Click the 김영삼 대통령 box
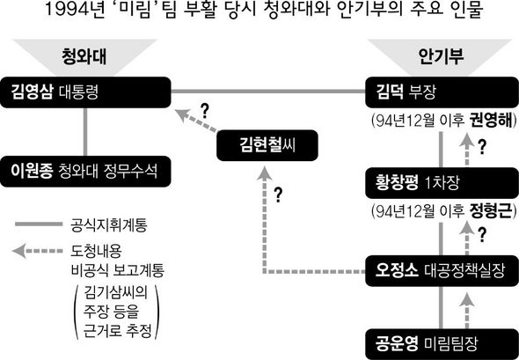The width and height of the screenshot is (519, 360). [x=85, y=92]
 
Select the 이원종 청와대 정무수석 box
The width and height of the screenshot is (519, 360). [x=85, y=172]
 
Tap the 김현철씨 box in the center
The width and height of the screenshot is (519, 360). [x=267, y=145]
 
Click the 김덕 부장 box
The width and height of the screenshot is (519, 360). [x=442, y=92]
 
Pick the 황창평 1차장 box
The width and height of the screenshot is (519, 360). [x=442, y=183]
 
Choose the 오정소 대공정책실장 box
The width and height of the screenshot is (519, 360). [x=442, y=270]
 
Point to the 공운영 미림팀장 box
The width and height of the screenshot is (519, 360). [x=442, y=344]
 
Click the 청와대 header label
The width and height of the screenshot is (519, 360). [x=84, y=56]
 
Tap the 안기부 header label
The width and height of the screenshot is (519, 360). [x=441, y=56]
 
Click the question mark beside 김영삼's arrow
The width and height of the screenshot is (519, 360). [x=205, y=111]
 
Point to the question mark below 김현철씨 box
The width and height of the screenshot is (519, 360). [x=278, y=195]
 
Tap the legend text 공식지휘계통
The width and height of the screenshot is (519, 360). [x=109, y=225]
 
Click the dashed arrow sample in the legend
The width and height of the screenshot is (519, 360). [x=38, y=251]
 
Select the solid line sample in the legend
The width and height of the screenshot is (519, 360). [x=39, y=224]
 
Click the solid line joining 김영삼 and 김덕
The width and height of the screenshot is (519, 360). [x=268, y=91]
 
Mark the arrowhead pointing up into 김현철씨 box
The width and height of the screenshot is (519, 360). [x=265, y=173]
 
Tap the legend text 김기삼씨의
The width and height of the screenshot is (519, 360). [x=115, y=293]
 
